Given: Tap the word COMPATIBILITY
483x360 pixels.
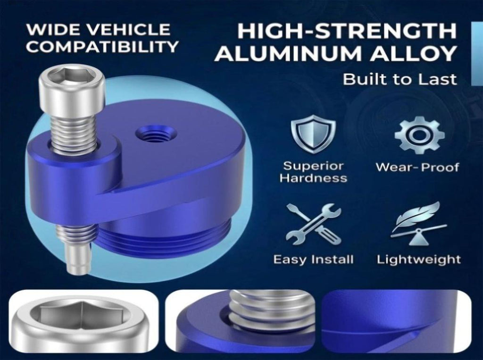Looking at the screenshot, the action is [102, 47].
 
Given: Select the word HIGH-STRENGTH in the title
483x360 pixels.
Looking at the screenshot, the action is [347, 31].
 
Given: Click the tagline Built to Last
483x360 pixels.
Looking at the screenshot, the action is [400, 79].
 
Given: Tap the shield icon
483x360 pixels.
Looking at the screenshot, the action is [313, 134].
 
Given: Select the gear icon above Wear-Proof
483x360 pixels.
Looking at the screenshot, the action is [419, 134].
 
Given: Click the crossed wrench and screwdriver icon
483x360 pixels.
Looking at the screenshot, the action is [314, 225].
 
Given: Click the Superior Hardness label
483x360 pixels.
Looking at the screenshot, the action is [313, 172].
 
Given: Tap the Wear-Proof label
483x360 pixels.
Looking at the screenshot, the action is [417, 167].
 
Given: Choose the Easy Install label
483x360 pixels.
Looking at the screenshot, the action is [313, 260].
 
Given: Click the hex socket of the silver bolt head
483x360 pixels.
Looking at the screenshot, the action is [72, 75].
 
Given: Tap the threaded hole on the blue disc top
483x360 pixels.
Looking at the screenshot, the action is [156, 134].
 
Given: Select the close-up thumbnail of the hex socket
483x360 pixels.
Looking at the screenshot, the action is [83, 320].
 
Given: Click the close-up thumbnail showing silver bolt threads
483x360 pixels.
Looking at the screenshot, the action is [240, 320].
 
